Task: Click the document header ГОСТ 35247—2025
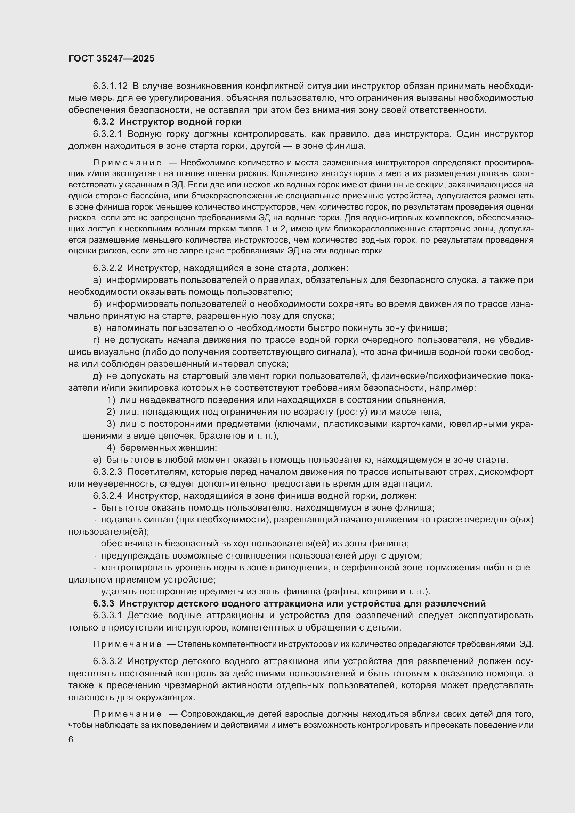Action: (x=112, y=58)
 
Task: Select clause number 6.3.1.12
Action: (x=110, y=86)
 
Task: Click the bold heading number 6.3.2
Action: (x=104, y=122)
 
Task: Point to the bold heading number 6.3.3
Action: (x=104, y=603)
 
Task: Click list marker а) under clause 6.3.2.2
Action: (x=97, y=280)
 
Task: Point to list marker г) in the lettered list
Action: (x=97, y=340)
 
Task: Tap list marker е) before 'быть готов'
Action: (x=97, y=460)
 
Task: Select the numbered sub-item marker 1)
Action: (x=111, y=400)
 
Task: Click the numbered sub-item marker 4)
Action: (x=111, y=448)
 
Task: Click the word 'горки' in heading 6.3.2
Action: (x=228, y=122)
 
